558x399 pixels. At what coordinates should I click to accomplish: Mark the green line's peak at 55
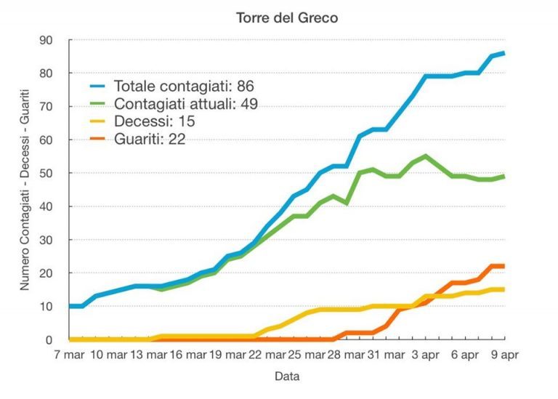426,156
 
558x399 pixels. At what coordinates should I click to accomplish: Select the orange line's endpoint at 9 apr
504,266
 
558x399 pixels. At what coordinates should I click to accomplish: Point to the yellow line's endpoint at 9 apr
504,289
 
